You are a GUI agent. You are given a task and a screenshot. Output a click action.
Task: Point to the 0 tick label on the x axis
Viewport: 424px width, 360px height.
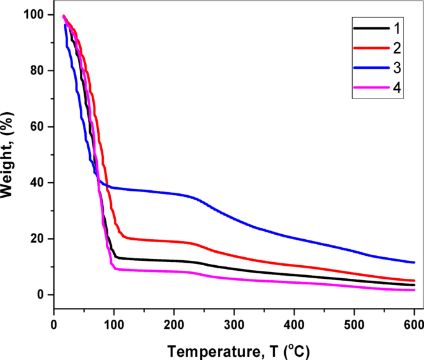54,324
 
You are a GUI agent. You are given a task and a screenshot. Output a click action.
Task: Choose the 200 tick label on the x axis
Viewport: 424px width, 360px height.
174,324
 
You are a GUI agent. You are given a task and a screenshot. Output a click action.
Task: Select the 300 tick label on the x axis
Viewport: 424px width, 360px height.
234,324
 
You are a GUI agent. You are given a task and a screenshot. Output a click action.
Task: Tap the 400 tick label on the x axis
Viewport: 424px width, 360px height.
294,324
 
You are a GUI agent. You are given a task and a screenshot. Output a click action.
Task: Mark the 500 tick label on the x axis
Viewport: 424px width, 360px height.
354,324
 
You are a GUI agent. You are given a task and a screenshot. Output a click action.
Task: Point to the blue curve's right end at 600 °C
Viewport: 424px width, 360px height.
413,262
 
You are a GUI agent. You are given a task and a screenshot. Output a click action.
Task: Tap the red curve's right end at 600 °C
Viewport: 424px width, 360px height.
413,281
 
